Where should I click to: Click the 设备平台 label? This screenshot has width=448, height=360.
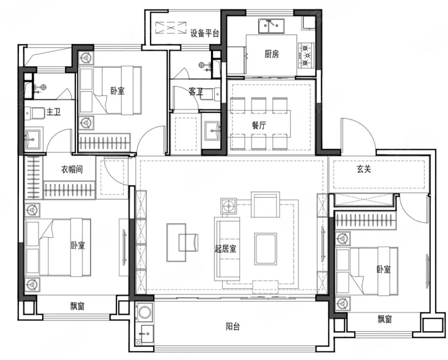click(205, 33)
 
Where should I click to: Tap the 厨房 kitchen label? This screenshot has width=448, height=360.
click(271, 54)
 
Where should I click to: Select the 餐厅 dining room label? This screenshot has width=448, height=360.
click(259, 125)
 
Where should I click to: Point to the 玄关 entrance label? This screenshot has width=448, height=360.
click(364, 169)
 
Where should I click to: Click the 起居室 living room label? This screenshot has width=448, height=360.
click(225, 248)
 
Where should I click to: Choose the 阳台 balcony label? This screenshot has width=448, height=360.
click(233, 326)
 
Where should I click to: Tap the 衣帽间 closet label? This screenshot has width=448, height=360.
click(72, 169)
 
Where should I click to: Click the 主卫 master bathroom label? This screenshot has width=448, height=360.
click(54, 112)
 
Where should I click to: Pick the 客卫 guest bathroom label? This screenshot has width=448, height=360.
click(196, 92)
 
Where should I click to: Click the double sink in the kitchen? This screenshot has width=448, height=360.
click(271, 26)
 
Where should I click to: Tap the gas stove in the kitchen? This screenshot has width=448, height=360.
click(306, 55)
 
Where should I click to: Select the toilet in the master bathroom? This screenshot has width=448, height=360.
click(34, 113)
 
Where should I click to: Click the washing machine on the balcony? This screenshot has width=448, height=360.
click(145, 312)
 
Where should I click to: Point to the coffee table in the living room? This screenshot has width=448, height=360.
click(266, 248)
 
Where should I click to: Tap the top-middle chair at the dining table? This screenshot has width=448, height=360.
click(259, 106)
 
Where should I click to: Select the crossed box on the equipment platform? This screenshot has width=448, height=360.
click(171, 28)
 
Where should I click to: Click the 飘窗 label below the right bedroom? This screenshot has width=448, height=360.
click(385, 319)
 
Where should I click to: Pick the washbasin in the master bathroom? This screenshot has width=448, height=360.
click(33, 139)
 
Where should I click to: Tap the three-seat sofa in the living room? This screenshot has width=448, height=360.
click(227, 248)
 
